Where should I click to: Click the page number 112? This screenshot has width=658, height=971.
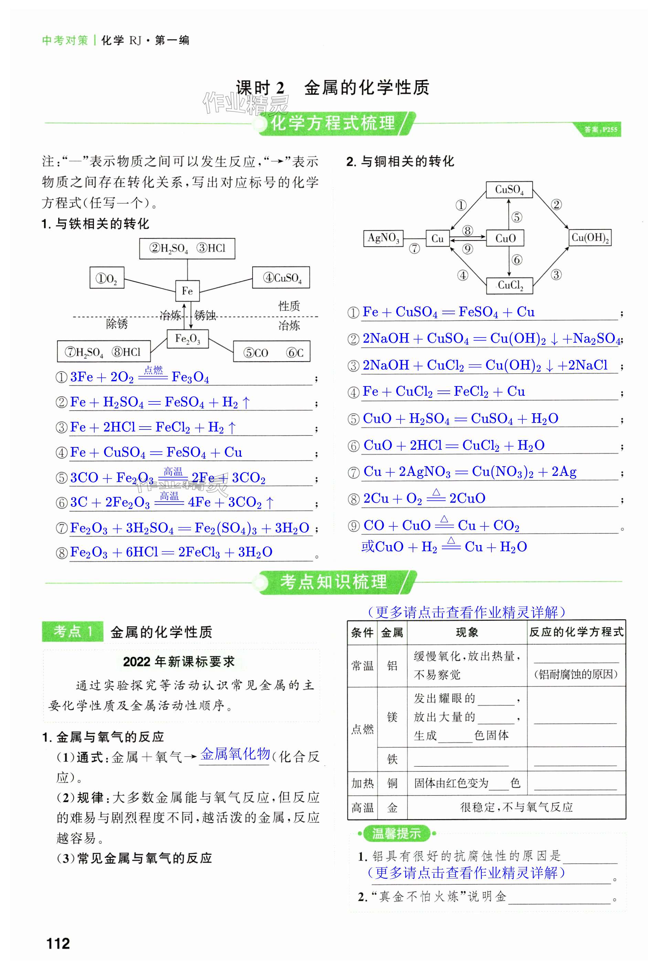[x=58, y=943]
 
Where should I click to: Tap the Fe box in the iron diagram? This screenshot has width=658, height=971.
[x=187, y=290]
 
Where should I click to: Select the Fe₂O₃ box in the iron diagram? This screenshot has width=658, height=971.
[x=188, y=339]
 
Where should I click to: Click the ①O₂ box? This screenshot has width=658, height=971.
[x=107, y=278]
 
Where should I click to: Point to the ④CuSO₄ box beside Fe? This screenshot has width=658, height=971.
[x=281, y=277]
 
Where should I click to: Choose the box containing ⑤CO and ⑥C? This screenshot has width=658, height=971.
[x=272, y=352]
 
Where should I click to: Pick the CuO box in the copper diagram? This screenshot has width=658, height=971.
[x=505, y=238]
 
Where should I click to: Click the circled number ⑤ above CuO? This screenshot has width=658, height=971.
[x=517, y=217]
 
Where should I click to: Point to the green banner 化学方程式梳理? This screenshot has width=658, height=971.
[x=332, y=123]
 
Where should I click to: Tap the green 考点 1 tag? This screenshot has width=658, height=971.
[x=72, y=631]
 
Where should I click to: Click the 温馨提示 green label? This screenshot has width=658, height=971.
[x=396, y=833]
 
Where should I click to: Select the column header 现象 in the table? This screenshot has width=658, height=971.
[x=467, y=632]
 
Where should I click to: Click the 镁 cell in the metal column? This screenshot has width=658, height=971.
[x=392, y=717]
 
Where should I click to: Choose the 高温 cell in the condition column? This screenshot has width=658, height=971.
[x=362, y=807]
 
